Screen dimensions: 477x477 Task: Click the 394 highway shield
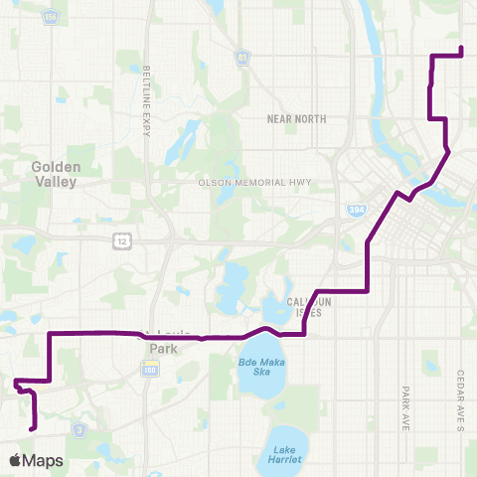357,210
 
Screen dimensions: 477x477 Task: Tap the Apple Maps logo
36,460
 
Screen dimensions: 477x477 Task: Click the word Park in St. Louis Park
162,349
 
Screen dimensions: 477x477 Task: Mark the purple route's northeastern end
463,48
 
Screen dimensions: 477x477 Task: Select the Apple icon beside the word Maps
15,459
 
